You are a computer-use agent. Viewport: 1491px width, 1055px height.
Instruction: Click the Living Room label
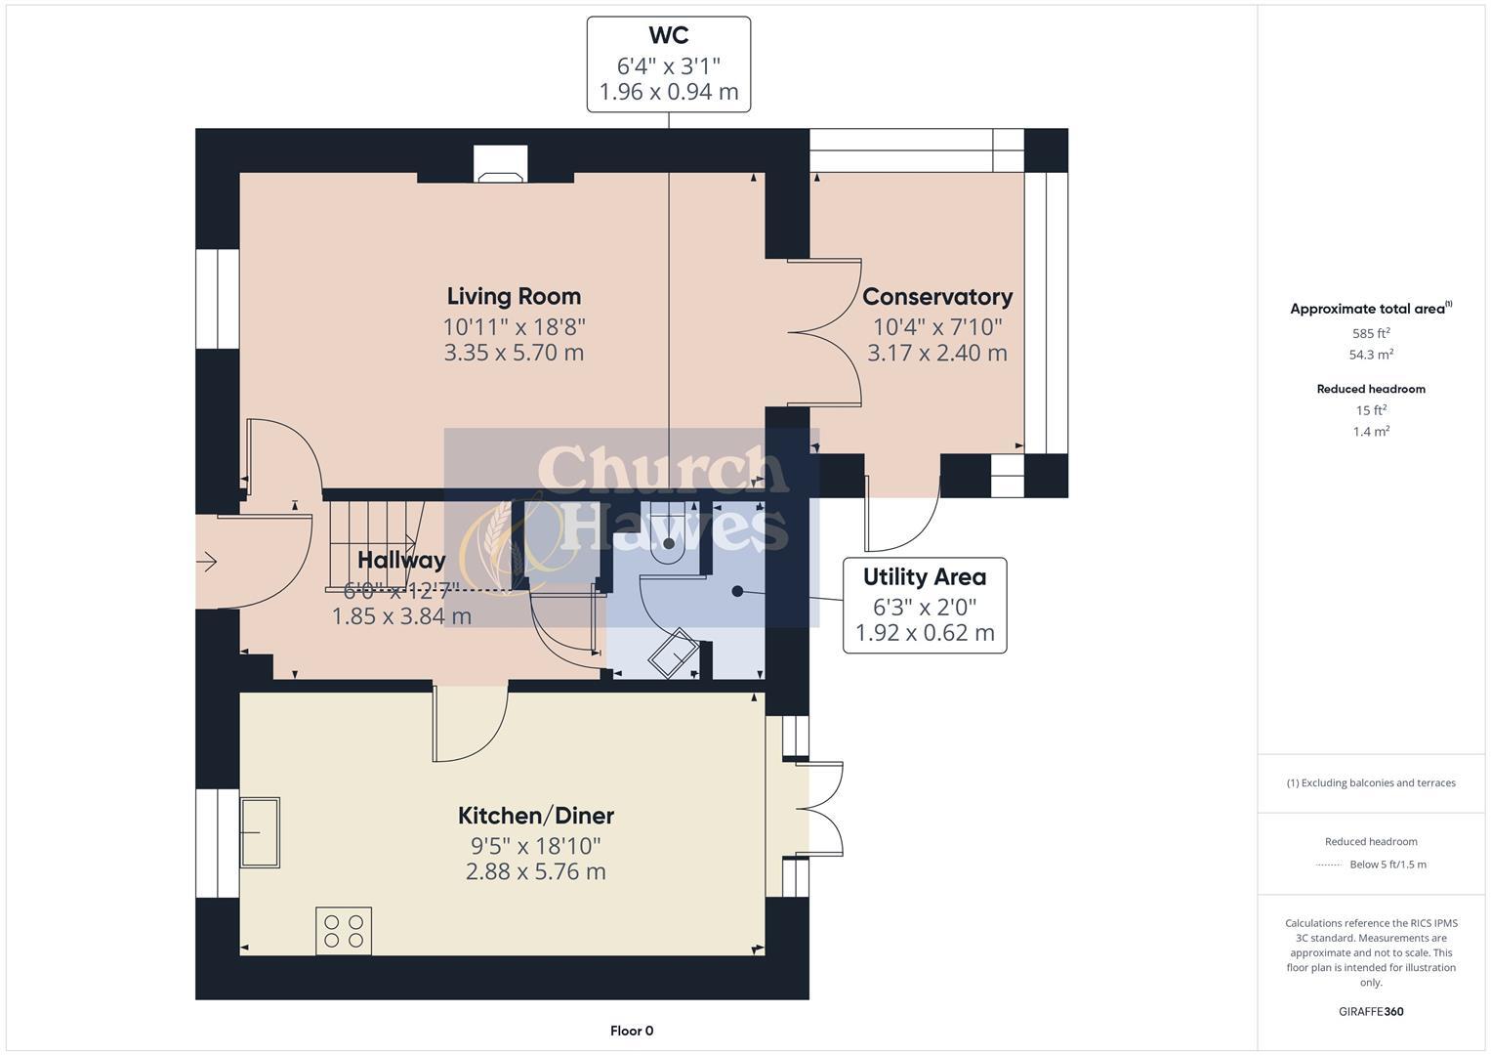[x=514, y=296]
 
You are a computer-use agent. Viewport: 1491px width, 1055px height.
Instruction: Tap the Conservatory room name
[x=936, y=296]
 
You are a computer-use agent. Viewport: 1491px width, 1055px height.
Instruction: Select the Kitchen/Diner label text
[x=536, y=816]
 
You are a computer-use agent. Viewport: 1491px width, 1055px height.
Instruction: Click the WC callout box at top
[x=668, y=64]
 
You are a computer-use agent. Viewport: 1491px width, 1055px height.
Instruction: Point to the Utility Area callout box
[x=924, y=605]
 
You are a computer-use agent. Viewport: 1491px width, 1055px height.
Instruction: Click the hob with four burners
[x=344, y=930]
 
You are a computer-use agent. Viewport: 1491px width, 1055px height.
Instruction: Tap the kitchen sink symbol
[x=260, y=832]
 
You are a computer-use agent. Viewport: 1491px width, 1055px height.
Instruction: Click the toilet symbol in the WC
[x=669, y=542]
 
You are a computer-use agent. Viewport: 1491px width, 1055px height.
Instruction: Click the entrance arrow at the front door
[x=207, y=561]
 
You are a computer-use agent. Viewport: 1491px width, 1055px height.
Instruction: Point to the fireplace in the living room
[x=500, y=166]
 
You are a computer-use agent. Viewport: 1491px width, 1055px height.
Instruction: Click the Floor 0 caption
[x=632, y=1031]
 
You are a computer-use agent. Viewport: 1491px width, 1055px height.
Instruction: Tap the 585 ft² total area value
[x=1371, y=333]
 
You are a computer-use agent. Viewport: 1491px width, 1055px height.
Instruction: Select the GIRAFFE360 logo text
[x=1371, y=1011]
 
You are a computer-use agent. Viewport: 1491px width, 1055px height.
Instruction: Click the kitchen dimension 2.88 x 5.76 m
[x=535, y=871]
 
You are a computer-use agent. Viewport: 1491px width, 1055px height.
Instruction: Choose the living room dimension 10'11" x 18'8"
[x=514, y=326]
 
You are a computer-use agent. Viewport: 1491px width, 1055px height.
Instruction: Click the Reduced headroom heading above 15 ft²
[x=1371, y=389]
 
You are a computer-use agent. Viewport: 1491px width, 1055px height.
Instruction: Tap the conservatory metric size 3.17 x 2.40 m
[x=936, y=353]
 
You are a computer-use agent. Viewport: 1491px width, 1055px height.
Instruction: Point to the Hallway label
[x=401, y=560]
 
